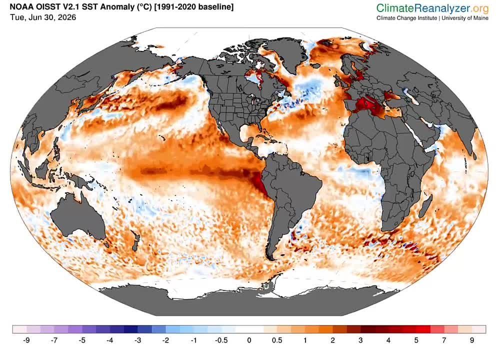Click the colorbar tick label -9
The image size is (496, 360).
(x=26, y=340)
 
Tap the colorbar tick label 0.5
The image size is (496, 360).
(x=277, y=340)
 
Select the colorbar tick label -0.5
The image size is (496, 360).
(x=221, y=340)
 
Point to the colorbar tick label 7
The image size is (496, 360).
(x=444, y=340)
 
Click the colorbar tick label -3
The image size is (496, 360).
(x=137, y=340)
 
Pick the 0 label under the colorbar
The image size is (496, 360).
(x=249, y=340)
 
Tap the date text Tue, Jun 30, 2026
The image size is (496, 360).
(x=43, y=17)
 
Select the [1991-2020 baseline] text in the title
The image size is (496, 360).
(x=193, y=6)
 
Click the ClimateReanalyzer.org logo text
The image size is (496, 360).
(x=432, y=7)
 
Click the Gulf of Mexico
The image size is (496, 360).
(x=248, y=132)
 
